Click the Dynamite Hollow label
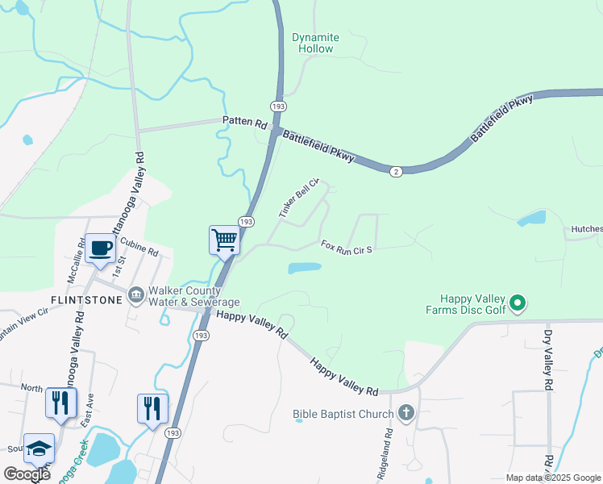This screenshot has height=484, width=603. point(315,43)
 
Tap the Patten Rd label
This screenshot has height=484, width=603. point(244,122)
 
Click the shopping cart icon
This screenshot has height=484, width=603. point(224,239)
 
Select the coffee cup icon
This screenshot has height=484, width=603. point(101,248)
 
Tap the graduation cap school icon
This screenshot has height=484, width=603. point(39,449)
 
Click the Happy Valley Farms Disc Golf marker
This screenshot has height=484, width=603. point(519,304)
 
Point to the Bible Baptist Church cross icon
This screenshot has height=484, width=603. point(406,414)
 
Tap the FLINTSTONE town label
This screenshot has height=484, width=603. point(86,300)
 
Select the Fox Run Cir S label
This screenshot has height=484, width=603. point(346,247)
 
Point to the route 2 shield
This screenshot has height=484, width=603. point(395,171)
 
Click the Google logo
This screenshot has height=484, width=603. point(27,474)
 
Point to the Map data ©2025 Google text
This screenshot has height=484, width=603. point(552,478)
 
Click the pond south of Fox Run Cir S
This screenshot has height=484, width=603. point(304,268)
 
